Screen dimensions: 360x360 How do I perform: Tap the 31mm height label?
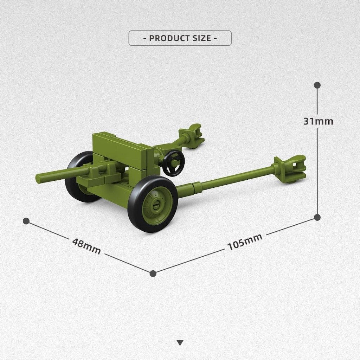318,121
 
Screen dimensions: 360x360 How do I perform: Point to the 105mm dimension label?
245,242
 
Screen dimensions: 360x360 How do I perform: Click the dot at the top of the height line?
317,85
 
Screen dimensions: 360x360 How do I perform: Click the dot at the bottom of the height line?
317,217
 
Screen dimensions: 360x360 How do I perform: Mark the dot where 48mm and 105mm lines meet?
153,274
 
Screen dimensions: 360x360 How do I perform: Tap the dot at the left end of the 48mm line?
26,221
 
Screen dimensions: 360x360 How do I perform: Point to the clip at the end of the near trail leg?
289,167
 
